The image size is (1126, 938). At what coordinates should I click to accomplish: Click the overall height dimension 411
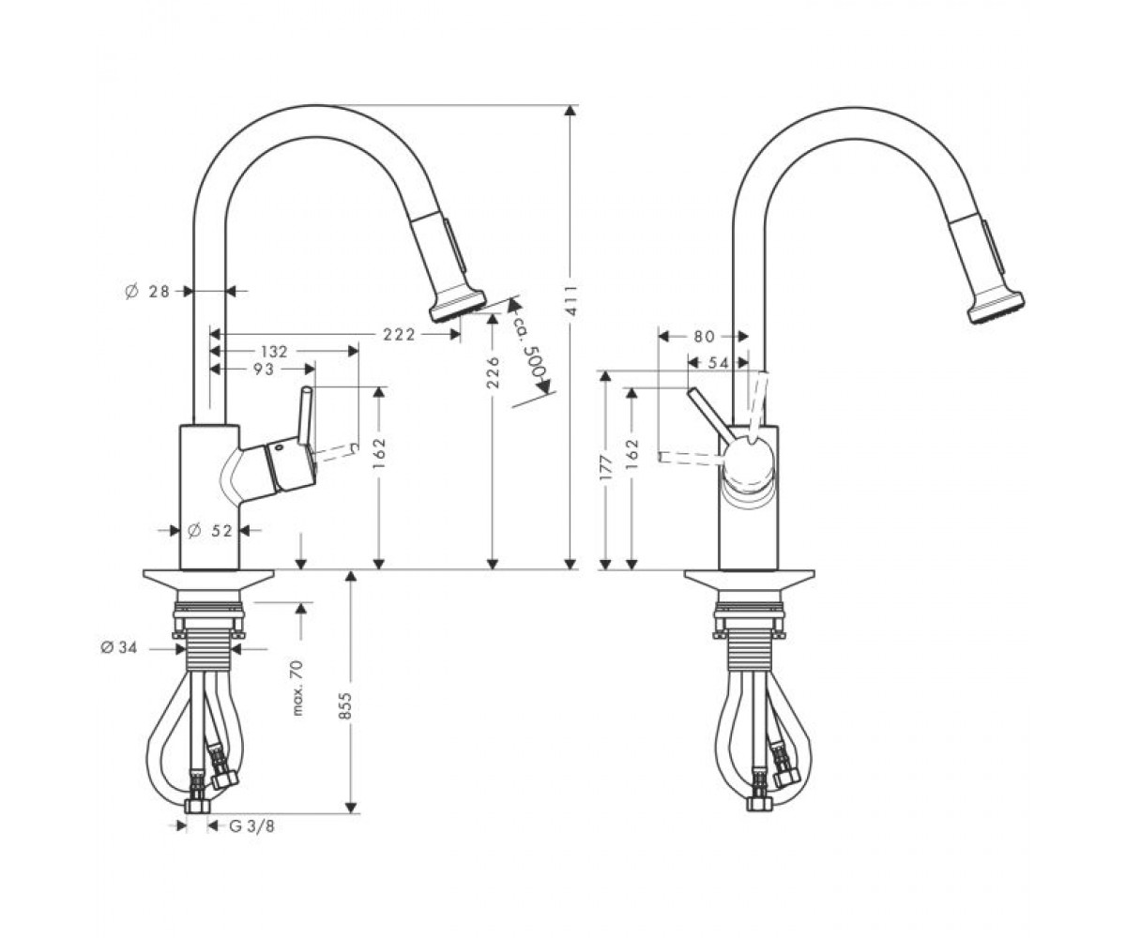[x=571, y=300]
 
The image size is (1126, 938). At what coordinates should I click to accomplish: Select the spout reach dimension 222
[x=399, y=335]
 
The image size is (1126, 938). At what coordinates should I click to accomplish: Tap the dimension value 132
[x=274, y=352]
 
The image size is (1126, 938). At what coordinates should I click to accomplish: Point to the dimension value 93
[x=263, y=370]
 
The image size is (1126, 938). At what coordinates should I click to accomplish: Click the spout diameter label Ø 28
[x=146, y=292]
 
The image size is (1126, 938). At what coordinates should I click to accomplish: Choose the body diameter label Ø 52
[x=209, y=531]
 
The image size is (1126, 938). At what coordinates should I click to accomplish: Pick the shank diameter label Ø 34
[x=118, y=647]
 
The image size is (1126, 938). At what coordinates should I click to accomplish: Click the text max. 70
[x=298, y=688]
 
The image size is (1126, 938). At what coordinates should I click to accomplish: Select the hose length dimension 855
[x=345, y=705]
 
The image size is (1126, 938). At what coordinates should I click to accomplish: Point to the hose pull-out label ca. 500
[x=531, y=348]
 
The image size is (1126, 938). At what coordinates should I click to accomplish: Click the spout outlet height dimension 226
[x=493, y=372]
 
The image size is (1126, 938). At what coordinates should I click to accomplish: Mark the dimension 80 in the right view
[x=704, y=337]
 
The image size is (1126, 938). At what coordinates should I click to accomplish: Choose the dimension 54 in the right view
[x=718, y=363]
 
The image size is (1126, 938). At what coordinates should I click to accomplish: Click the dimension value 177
[x=607, y=467]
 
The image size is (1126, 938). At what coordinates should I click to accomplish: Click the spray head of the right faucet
[x=988, y=268]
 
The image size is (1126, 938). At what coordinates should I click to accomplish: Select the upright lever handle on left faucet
[x=306, y=412]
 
